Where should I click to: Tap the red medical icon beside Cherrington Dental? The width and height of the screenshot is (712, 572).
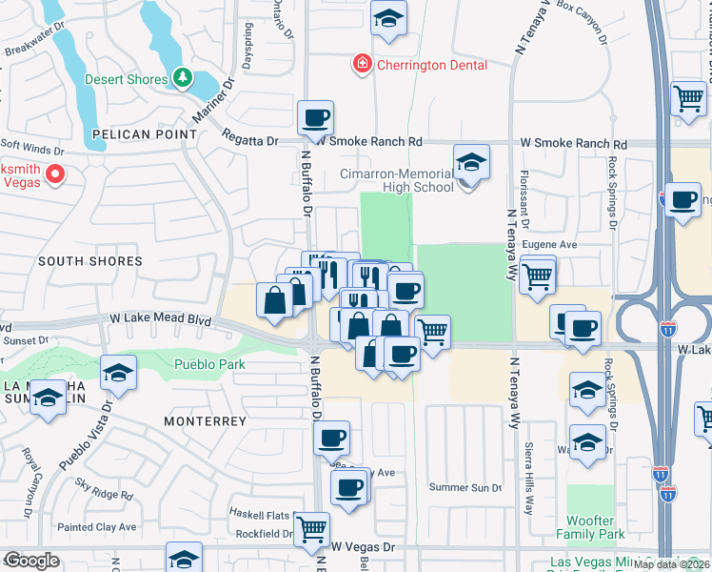362,65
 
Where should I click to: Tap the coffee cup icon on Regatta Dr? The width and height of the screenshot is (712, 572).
315,119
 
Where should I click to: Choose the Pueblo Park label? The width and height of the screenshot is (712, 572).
209,364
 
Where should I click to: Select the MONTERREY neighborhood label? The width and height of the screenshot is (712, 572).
205,420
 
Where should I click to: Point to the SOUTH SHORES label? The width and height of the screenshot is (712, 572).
90,261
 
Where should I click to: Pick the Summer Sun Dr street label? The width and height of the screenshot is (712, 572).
465,488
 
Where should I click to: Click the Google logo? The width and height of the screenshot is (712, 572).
31,561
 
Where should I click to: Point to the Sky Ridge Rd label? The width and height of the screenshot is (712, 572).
107,494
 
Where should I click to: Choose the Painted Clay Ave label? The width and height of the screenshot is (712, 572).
96,526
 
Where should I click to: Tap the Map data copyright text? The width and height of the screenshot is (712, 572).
672,564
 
